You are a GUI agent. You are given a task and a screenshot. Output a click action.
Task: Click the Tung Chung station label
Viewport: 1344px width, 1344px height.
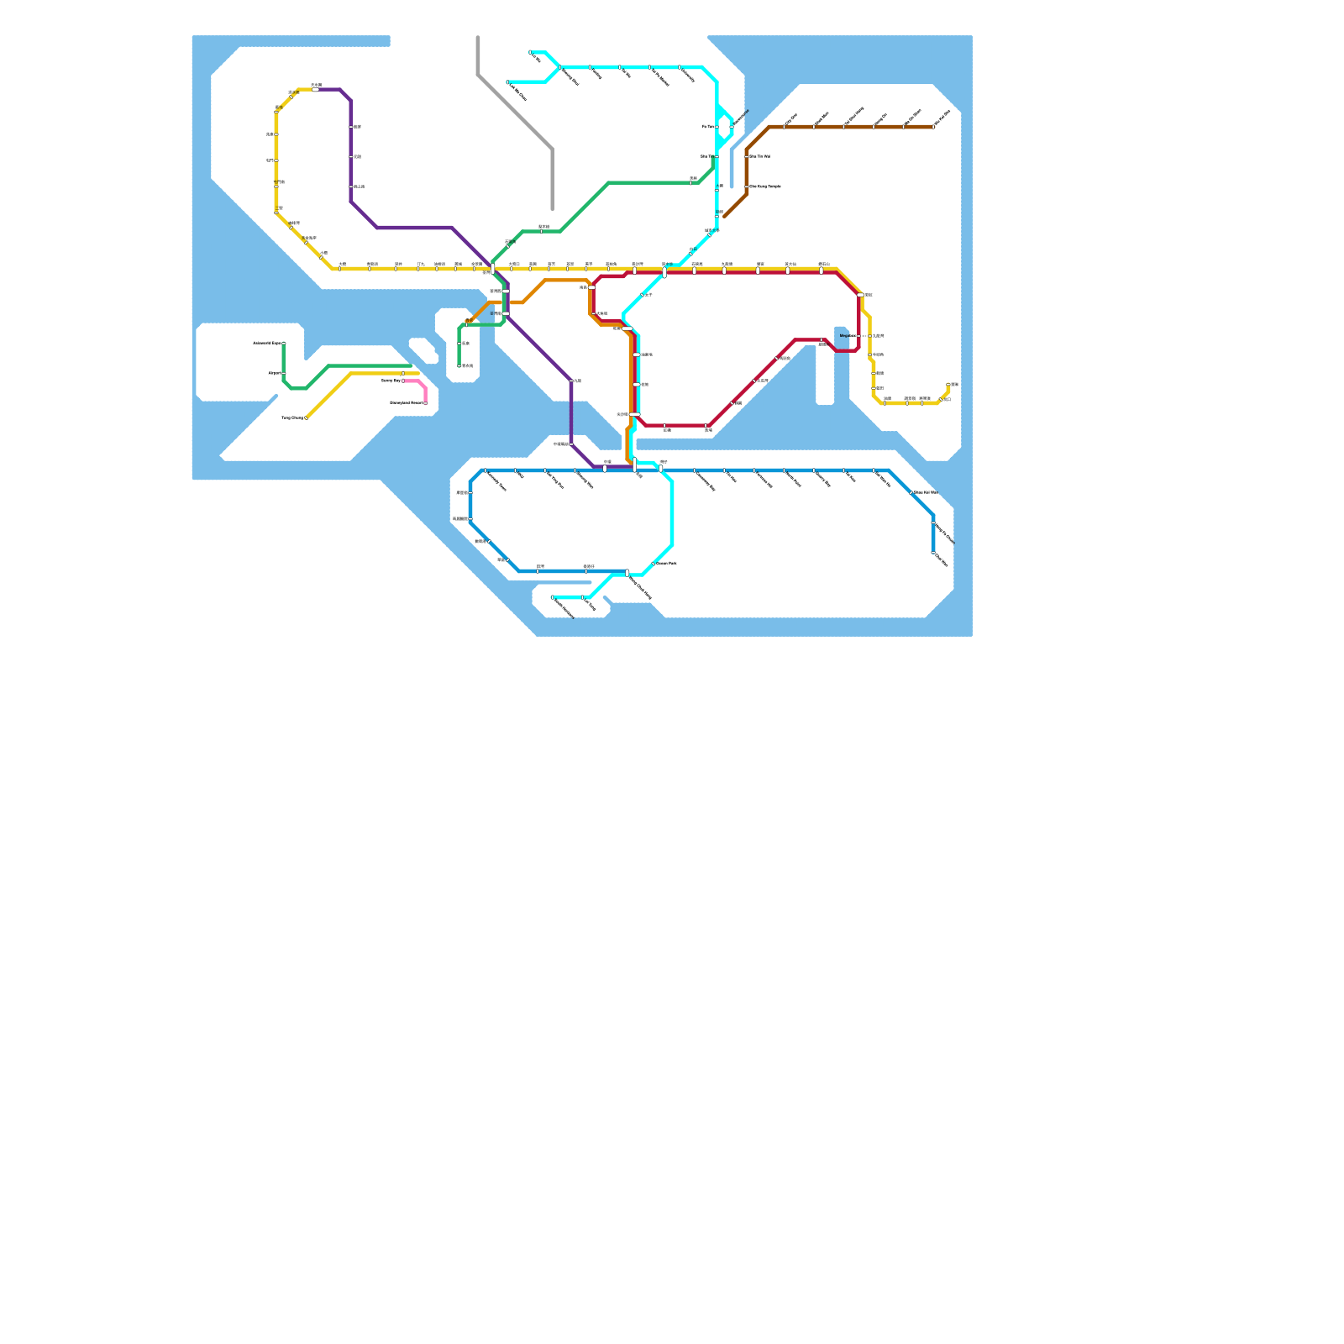tap(291, 417)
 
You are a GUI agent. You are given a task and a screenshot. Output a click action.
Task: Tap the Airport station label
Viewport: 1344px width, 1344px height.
tap(274, 373)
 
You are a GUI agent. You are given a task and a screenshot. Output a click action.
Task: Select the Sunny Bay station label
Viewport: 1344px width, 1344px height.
tap(391, 381)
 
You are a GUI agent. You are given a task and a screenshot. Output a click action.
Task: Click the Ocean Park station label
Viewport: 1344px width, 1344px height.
tap(666, 564)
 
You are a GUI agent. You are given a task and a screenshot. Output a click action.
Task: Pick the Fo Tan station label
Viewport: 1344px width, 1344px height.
tap(707, 127)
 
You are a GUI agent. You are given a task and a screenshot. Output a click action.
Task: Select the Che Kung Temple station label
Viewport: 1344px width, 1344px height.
tap(765, 186)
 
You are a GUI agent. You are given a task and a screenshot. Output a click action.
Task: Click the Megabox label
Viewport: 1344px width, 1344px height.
tap(848, 336)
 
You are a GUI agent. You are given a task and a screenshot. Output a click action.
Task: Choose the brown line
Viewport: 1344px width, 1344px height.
tap(840, 127)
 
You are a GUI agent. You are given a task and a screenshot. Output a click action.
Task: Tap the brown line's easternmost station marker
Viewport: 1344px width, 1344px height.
tap(933, 127)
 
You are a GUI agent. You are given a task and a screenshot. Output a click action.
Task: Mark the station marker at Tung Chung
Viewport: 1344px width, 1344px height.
tap(307, 417)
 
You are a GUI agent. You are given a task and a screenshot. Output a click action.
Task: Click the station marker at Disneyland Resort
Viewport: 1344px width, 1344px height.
tap(426, 403)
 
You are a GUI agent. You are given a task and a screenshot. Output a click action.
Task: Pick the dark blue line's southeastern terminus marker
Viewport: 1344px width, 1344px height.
tap(933, 553)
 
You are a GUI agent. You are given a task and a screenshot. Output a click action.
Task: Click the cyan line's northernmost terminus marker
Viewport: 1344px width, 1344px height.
tap(531, 52)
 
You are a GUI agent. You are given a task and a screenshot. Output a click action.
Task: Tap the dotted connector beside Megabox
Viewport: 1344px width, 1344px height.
tap(864, 336)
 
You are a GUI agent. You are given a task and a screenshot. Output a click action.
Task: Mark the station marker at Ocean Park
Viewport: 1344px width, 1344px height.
tap(653, 564)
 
